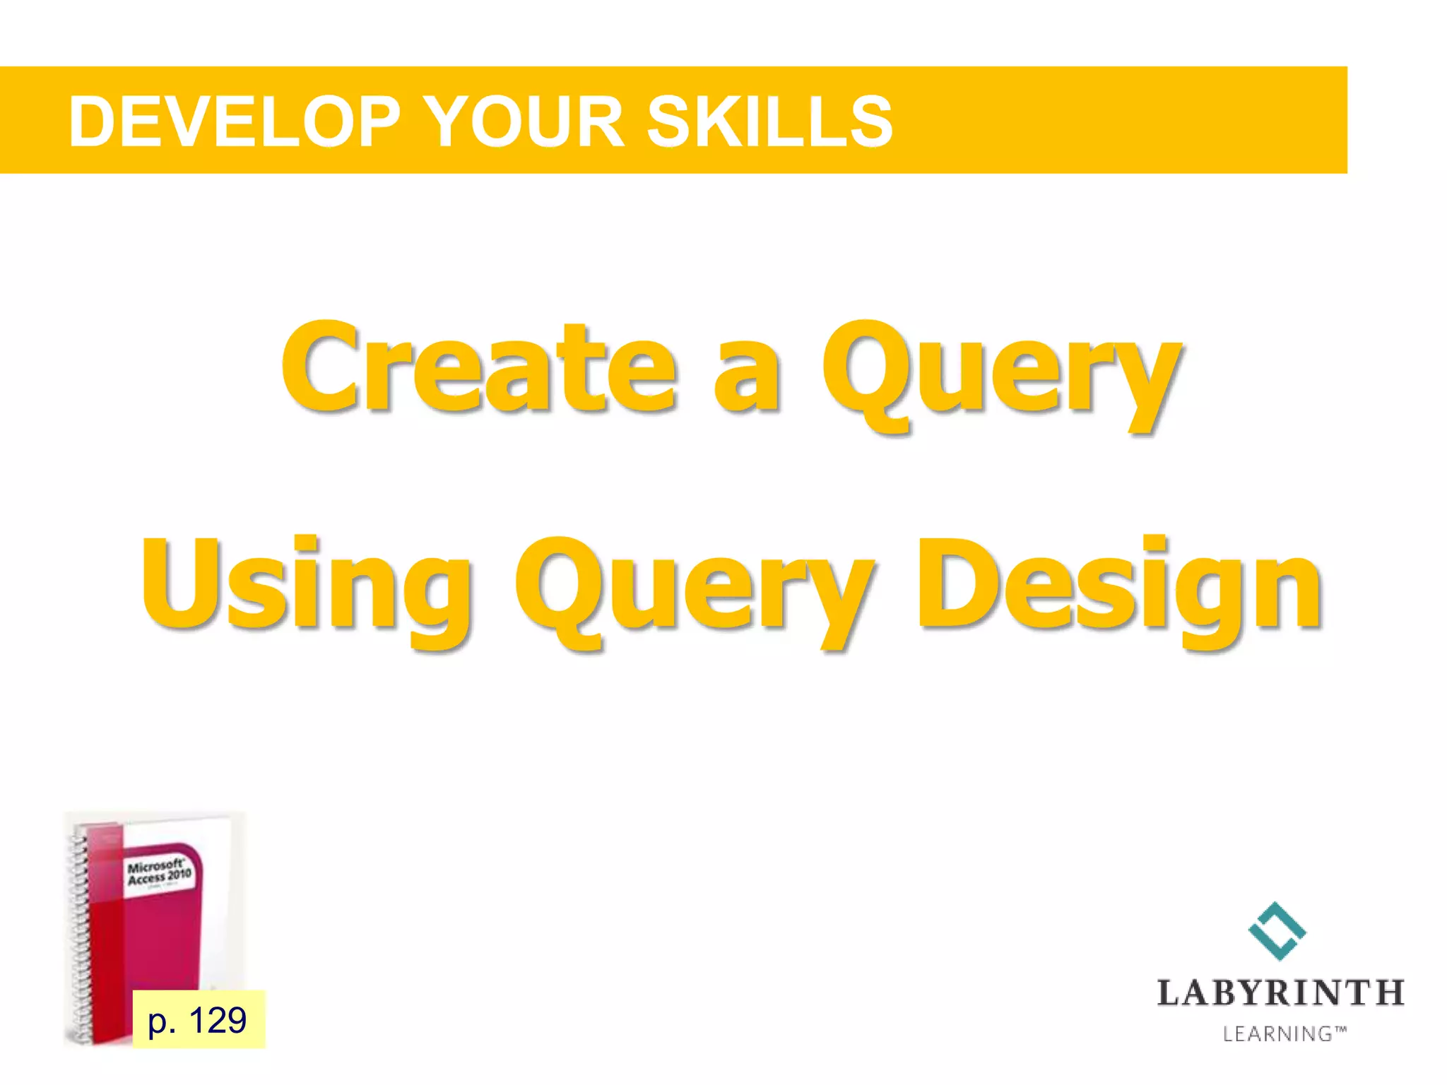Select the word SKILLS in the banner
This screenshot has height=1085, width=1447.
coord(769,122)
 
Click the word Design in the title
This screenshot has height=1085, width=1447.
coord(1119,586)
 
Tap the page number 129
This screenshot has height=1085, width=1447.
coord(217,1020)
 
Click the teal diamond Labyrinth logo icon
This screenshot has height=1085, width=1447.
coord(1277,931)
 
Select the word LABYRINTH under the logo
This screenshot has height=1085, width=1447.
coord(1280,993)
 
